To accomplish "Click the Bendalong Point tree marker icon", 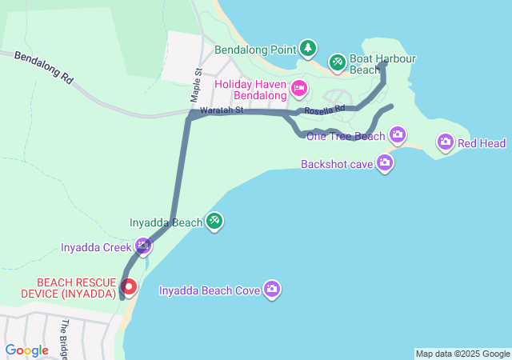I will point(308,49).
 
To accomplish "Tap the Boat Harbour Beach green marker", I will point(337,61).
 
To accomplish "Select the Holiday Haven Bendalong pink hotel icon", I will point(298,87).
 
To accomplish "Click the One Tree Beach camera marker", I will point(398,134).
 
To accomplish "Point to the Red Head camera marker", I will point(446,142).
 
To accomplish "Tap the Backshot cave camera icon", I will point(385,164).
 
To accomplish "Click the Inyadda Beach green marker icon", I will point(214,221).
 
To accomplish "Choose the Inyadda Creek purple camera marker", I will point(143,246).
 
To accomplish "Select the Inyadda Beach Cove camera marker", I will point(272,289).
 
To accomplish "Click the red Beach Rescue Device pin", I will point(128,286).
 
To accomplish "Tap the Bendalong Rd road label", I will point(43,68).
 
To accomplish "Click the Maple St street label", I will point(195,84).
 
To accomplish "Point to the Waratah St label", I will point(221,110).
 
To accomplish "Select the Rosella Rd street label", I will point(324,108).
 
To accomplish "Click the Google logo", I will point(26,350).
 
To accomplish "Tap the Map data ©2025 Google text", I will point(462,354).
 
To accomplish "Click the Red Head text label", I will point(482,143).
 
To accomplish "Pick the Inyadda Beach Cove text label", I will point(210,290).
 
